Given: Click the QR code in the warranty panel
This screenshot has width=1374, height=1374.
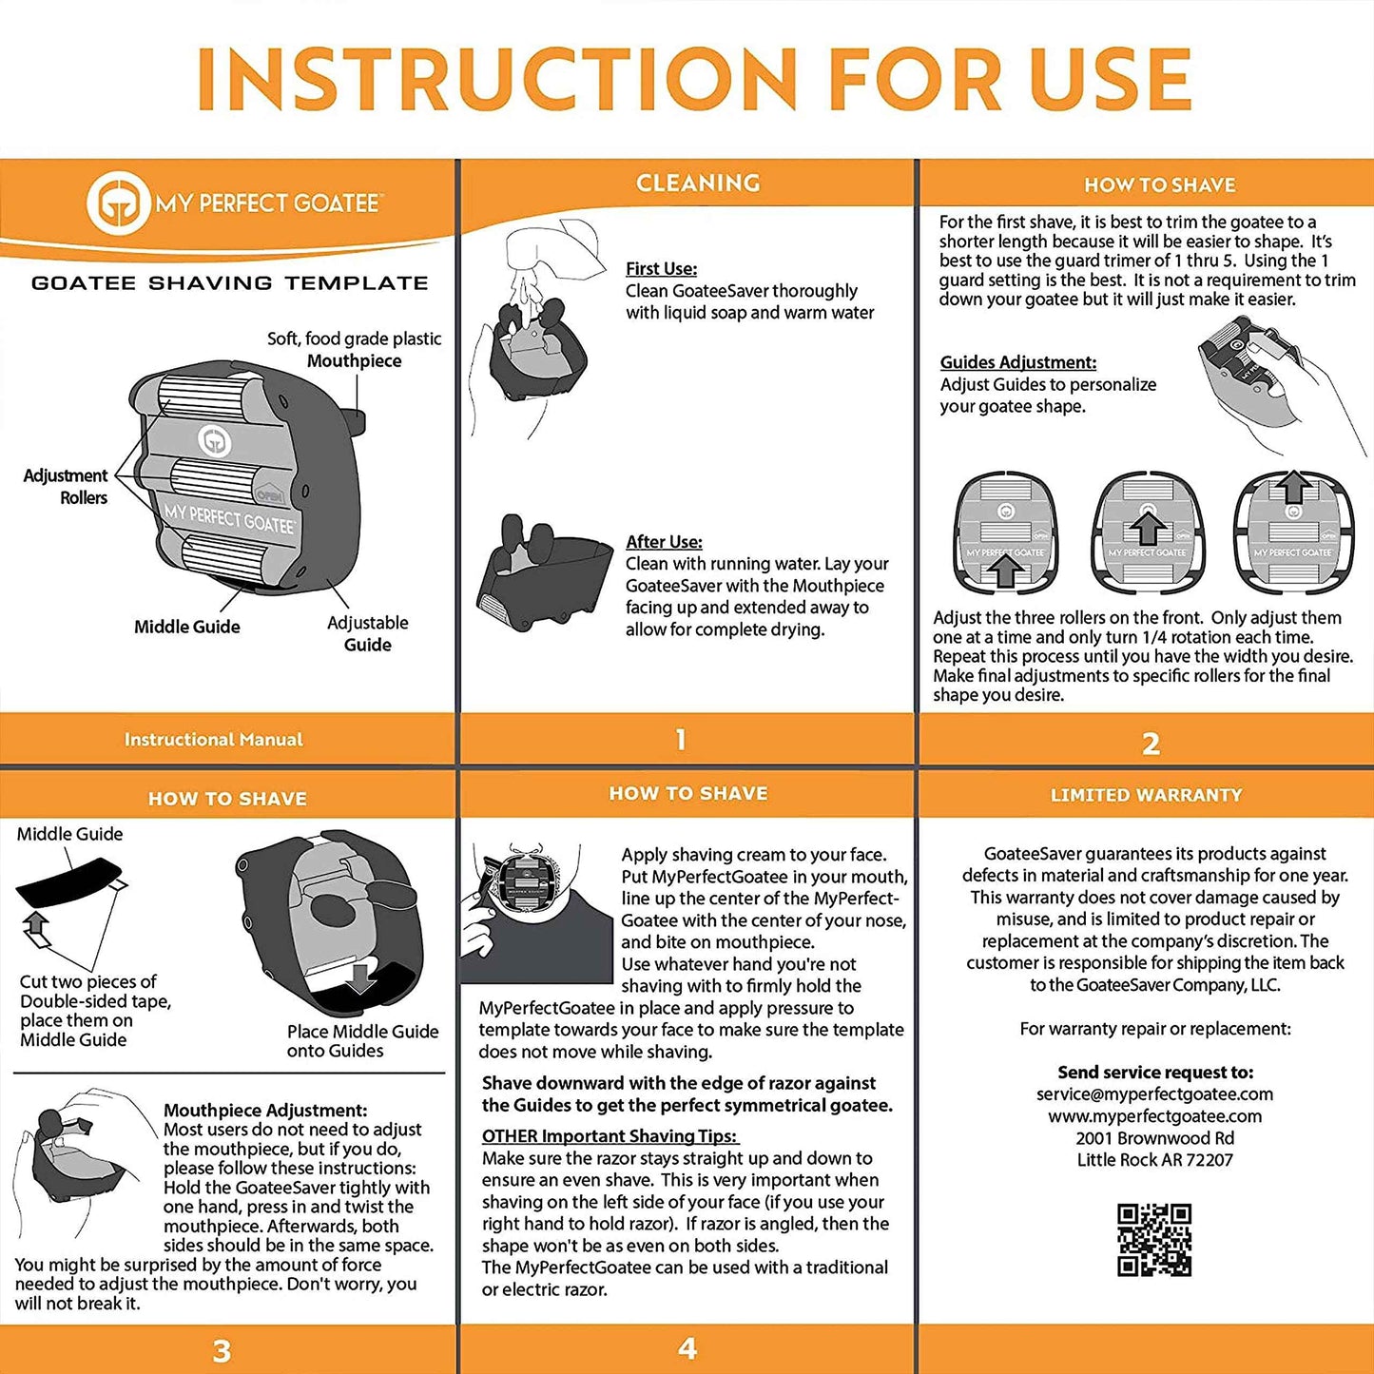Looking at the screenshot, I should pos(1154,1240).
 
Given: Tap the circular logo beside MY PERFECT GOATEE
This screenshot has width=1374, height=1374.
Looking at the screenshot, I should pos(118,203).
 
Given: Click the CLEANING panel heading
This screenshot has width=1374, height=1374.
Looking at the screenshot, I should pos(698,183).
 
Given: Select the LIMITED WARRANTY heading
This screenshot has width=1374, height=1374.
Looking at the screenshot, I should pos(1146,795).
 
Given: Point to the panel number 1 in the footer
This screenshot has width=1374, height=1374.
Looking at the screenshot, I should pos(681,740).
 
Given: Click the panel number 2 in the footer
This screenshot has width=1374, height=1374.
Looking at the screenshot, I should pos(1151,744).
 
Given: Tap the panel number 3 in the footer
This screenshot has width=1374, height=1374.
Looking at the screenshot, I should pos(222,1351).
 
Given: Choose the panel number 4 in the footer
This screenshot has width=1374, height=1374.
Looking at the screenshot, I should pos(687,1348).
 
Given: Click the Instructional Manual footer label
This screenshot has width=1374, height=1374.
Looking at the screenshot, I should pos(214,740).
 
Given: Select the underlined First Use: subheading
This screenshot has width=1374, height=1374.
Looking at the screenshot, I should pos(661,269).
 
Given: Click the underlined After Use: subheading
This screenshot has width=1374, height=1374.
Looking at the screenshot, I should pos(664,542).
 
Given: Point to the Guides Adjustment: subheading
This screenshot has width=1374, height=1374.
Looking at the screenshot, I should pos(1017,362).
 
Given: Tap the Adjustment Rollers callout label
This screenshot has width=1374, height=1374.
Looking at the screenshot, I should pos(67,486).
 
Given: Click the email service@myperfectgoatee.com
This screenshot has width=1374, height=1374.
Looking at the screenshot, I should pos(1154,1094).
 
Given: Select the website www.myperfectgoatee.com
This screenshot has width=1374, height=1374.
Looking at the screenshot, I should pos(1154,1116).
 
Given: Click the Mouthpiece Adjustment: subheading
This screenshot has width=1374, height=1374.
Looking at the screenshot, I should pos(265,1110).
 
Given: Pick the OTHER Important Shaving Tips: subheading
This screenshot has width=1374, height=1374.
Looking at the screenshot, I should pos(610,1136).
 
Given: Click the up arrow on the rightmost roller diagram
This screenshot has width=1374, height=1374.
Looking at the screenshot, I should pos(1292,487).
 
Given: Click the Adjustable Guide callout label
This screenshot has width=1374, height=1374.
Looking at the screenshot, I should pos(368,633).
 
